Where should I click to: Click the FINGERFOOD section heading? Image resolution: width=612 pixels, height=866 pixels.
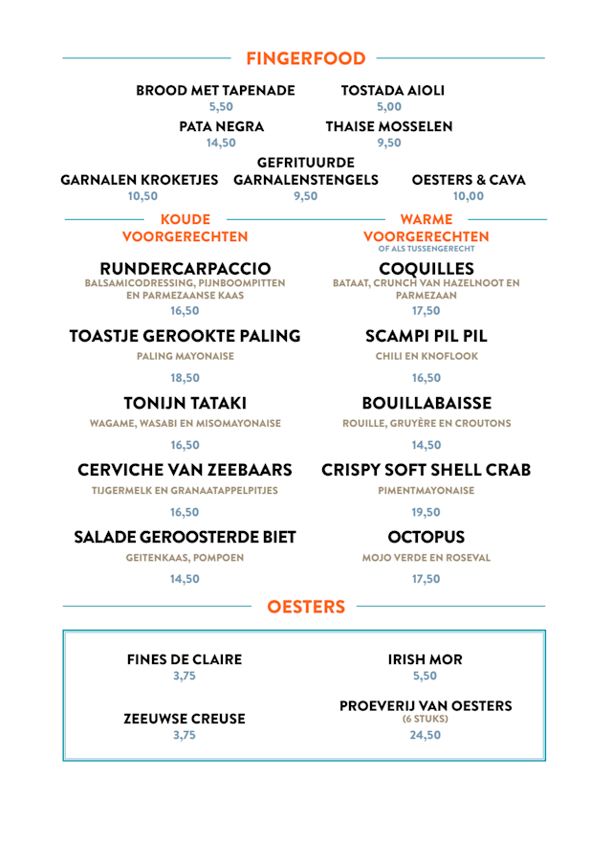pos(305,58)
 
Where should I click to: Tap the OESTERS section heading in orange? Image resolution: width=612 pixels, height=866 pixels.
pos(305,606)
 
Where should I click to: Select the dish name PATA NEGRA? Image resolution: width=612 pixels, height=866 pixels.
pos(221,126)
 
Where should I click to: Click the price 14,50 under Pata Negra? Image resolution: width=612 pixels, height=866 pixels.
pos(221,144)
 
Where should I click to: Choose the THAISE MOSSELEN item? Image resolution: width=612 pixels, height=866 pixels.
pos(389,126)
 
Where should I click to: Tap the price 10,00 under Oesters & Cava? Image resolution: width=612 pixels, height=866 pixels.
pos(469,196)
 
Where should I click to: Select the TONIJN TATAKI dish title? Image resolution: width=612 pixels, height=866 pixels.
pos(186,402)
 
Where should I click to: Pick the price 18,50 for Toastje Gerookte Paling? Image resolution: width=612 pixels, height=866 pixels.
pos(186,378)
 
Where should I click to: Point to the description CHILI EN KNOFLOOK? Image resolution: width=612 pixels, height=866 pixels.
pos(426,356)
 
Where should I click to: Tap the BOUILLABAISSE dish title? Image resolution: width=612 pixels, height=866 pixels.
pos(426,402)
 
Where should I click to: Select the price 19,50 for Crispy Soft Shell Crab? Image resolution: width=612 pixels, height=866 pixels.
pos(426,512)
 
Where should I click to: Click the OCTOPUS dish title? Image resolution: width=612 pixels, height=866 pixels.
pos(426,536)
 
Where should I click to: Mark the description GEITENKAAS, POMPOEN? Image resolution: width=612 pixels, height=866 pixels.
pos(186,557)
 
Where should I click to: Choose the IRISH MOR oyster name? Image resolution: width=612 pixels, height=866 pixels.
pos(425,659)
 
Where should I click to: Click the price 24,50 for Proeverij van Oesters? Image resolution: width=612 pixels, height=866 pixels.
pos(426,735)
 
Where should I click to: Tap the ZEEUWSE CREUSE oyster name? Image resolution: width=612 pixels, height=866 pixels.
pos(185,718)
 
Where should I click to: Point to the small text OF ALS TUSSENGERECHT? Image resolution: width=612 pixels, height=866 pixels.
pos(426,249)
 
